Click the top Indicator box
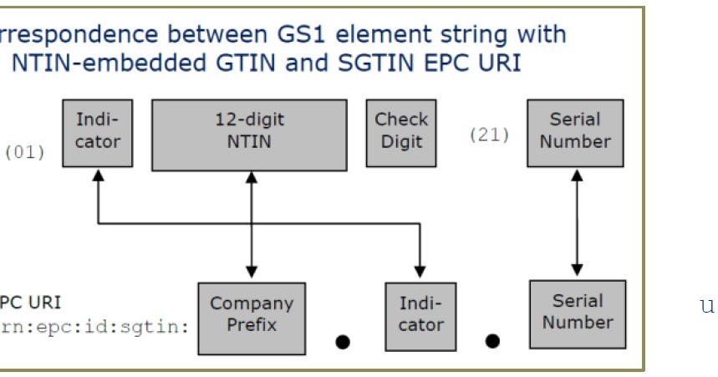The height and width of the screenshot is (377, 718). (97, 132)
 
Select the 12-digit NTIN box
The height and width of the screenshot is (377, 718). (248, 134)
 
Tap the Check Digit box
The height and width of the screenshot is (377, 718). (401, 132)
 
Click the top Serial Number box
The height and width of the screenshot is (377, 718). (574, 132)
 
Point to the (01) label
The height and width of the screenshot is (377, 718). (25, 153)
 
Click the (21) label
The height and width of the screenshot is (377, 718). (489, 135)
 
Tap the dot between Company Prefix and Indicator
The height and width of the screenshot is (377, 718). (342, 341)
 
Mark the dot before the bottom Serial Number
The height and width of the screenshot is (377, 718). (492, 340)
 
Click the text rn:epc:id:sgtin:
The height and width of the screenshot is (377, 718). (95, 325)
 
